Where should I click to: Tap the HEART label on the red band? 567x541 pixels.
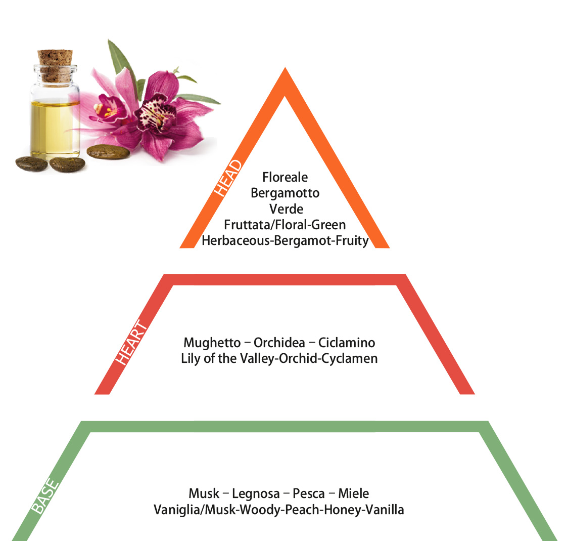(131, 342)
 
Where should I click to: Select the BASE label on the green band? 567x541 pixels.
(45, 496)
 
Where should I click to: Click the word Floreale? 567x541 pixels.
(285, 177)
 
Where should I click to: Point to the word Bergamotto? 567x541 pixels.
(285, 193)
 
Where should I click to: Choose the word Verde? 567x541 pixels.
(286, 209)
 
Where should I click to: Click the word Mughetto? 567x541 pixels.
(212, 343)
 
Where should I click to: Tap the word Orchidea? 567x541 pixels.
(279, 343)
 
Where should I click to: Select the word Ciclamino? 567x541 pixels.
(347, 343)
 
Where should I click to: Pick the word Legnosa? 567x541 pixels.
(256, 493)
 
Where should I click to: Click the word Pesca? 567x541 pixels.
(308, 493)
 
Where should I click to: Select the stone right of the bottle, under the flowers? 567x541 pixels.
(108, 152)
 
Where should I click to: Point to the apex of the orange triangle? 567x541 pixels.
(285, 68)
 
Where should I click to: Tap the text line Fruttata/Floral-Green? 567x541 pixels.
(285, 225)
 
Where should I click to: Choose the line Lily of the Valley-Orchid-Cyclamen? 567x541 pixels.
(279, 358)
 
